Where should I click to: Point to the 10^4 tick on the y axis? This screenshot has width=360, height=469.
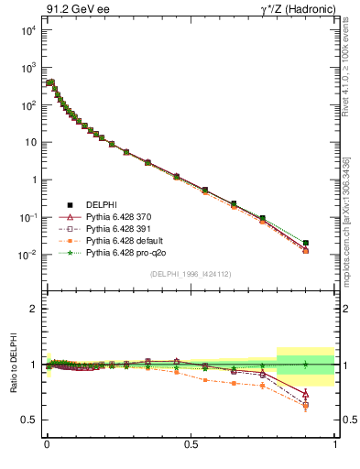point(26,30)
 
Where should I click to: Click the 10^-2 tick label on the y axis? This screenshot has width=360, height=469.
point(26,255)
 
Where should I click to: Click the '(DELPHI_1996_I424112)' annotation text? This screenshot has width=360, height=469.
point(191,274)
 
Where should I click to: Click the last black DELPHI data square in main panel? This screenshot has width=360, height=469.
point(306,243)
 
